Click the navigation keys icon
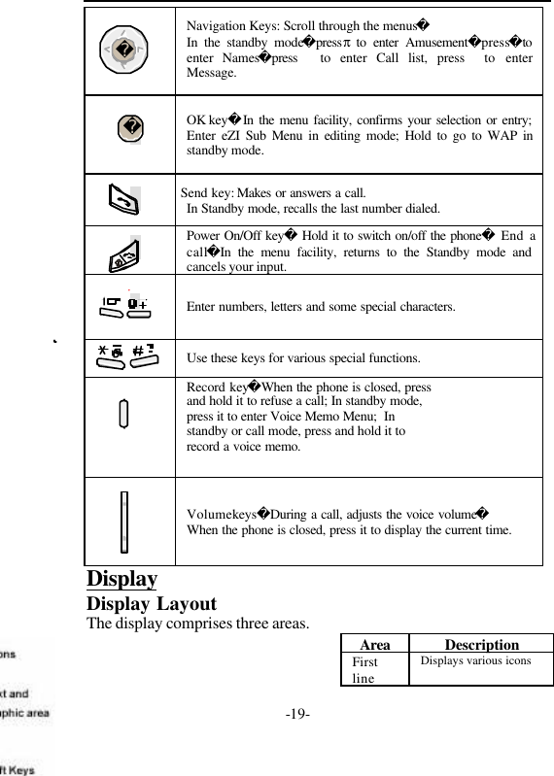coord(122,48)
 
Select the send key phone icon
coord(123,200)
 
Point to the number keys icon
coord(124,306)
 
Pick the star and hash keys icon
coord(124,357)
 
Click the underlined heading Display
coord(122,579)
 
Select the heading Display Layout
coord(152,602)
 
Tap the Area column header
coord(375,645)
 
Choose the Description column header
coord(481,645)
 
